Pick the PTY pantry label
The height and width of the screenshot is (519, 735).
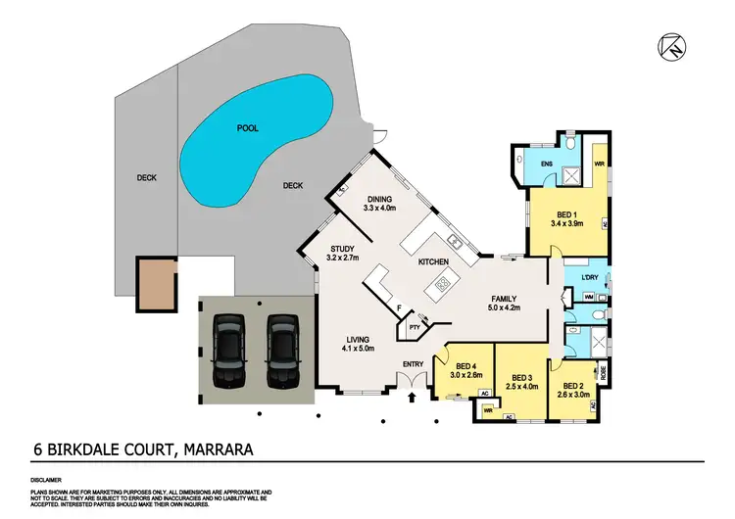tap(414, 327)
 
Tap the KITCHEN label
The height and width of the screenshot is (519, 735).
tap(433, 262)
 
